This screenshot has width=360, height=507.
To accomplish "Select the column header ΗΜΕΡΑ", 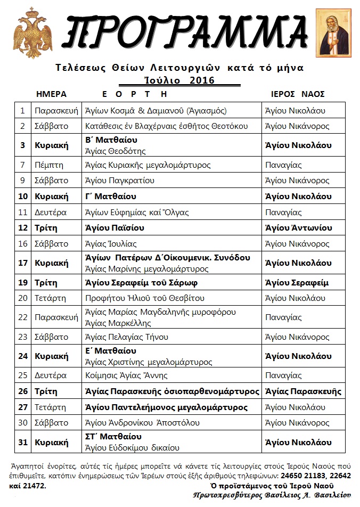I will click(51, 94).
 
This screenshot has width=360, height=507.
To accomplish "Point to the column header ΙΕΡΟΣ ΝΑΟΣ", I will click(298, 94).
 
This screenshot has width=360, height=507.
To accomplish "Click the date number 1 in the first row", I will click(22, 111).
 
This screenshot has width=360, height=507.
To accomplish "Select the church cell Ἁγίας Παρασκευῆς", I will click(302, 391).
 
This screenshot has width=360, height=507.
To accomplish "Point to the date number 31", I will click(22, 443).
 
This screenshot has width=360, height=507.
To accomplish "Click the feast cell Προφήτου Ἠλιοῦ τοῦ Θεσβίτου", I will click(137, 298).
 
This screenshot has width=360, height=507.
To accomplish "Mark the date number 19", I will click(22, 282).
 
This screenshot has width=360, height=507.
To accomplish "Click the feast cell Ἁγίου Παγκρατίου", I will click(120, 181).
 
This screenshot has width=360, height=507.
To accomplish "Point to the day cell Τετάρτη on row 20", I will click(50, 298).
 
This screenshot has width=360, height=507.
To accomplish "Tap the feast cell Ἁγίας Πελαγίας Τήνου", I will click(127, 337).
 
